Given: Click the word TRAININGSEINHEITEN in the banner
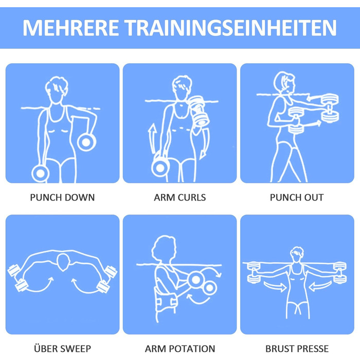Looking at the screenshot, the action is coord(230,28).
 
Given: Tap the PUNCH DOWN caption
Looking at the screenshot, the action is coord(62,197).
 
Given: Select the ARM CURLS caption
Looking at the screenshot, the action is coord(180,197).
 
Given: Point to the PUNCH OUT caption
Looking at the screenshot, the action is coord(297,197).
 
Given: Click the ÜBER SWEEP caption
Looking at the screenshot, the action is coord(62,348).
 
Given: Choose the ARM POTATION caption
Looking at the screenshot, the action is coord(180,349).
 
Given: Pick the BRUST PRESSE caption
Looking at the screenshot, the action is coord(297,349).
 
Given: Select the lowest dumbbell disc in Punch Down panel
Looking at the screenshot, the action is coord(40,173).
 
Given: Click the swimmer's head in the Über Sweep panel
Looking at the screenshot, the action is coord(63,262).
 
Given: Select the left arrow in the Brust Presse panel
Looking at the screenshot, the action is coord(275,286).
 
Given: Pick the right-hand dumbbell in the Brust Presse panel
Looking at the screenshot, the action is coord(339,273).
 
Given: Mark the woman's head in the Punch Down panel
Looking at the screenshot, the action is coord(56,90).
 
